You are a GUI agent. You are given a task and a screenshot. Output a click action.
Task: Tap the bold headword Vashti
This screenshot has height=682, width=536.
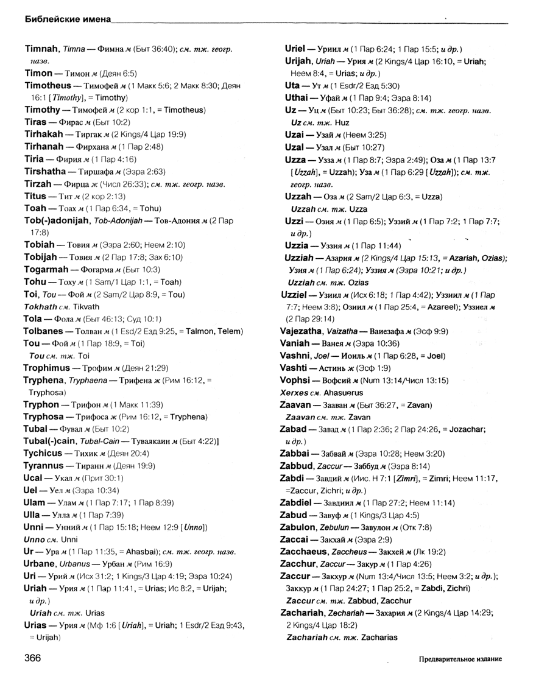297,369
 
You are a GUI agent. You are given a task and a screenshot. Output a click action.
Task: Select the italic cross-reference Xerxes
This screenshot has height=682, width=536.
298,393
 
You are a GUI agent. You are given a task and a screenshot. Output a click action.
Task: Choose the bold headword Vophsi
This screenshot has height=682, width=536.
299,381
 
